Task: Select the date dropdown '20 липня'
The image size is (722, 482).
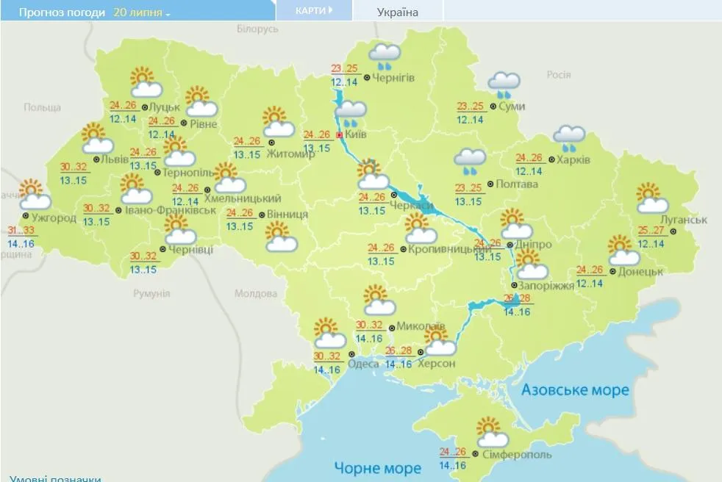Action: [141, 12]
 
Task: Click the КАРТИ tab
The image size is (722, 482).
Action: [314, 10]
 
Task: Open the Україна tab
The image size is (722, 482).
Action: [398, 12]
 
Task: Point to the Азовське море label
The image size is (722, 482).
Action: [575, 389]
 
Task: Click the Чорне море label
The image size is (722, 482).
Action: [377, 467]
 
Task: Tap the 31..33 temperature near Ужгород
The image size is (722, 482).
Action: [21, 230]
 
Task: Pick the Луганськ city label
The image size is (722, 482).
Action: [683, 220]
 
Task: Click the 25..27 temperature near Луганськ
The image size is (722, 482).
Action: [651, 229]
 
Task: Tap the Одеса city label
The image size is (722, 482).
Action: [364, 364]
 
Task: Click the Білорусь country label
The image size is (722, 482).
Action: [257, 29]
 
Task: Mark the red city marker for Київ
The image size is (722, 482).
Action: [339, 135]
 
